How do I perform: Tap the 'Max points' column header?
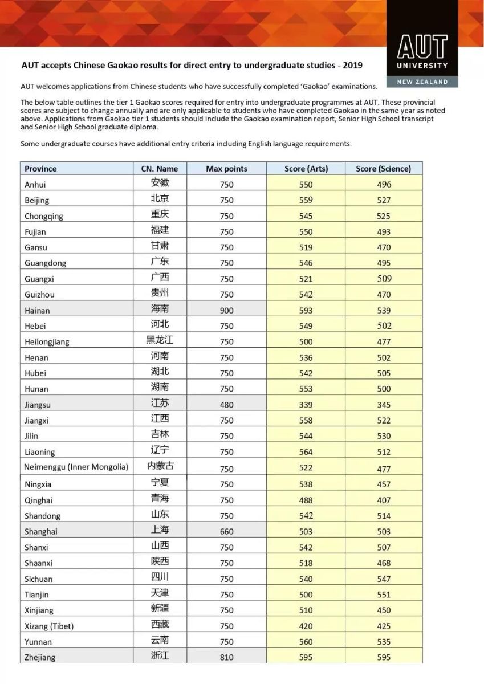pyautogui.click(x=226, y=169)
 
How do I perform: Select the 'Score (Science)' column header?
pyautogui.click(x=383, y=169)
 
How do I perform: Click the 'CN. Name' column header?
pyautogui.click(x=160, y=169)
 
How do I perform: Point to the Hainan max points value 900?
pyautogui.click(x=226, y=310)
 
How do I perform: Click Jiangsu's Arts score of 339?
pyautogui.click(x=306, y=405)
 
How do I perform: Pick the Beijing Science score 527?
pyautogui.click(x=384, y=200)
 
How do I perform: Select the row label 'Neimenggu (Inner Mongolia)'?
pyautogui.click(x=76, y=467)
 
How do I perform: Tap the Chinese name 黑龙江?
pyautogui.click(x=160, y=340)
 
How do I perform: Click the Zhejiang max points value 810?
pyautogui.click(x=226, y=657)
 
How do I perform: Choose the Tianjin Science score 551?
pyautogui.click(x=384, y=595)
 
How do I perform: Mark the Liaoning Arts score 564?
pyautogui.click(x=306, y=452)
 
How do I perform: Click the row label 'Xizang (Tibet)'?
pyautogui.click(x=49, y=626)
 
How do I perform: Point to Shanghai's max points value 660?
pyautogui.click(x=226, y=531)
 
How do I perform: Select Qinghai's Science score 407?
pyautogui.click(x=384, y=500)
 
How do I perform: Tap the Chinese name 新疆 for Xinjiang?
pyautogui.click(x=160, y=609)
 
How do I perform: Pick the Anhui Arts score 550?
pyautogui.click(x=306, y=184)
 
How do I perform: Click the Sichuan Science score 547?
pyautogui.click(x=384, y=579)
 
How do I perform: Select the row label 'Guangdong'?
pyautogui.click(x=45, y=263)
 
